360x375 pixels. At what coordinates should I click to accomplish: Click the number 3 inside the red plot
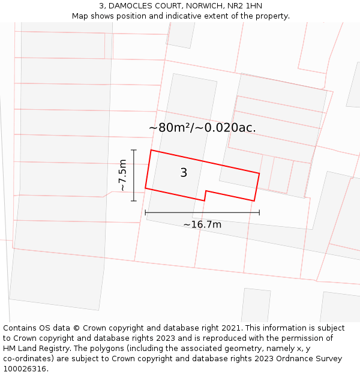pyautogui.click(x=184, y=173)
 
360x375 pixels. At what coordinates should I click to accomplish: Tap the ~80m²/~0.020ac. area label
pyautogui.click(x=202, y=128)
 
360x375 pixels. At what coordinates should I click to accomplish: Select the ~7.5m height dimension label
pyautogui.click(x=122, y=175)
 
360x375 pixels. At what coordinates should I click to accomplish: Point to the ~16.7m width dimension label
pyautogui.click(x=202, y=224)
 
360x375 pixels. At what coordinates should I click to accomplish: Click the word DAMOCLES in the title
pyautogui.click(x=138, y=6)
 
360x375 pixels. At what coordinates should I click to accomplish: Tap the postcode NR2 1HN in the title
pyautogui.click(x=245, y=6)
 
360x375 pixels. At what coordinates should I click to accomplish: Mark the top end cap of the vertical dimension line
pyautogui.click(x=134, y=150)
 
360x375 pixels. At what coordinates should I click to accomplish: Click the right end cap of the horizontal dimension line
pyautogui.click(x=259, y=212)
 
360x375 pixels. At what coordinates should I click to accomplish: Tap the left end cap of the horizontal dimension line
pyautogui.click(x=145, y=212)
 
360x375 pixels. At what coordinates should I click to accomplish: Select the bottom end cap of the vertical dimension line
pyautogui.click(x=134, y=200)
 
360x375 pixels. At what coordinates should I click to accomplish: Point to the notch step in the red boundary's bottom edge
pyautogui.click(x=206, y=195)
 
